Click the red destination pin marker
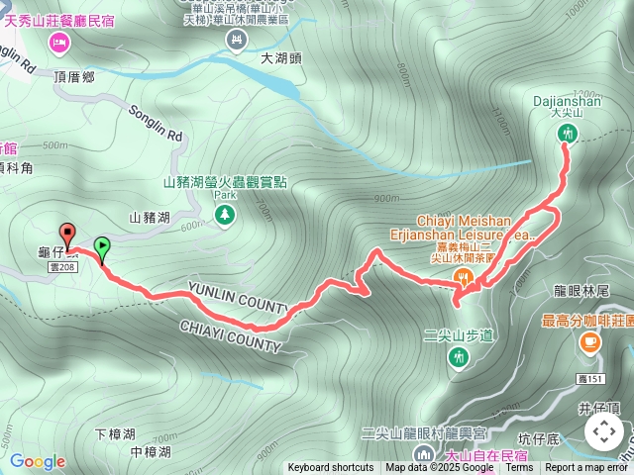(67, 235)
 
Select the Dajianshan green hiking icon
(567, 133)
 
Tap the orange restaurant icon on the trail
(462, 276)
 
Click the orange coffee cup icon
(589, 341)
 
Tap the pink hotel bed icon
(58, 43)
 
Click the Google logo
(38, 461)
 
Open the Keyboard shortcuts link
(331, 468)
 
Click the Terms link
(519, 468)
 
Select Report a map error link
(587, 468)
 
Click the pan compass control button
(603, 431)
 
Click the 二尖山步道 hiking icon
(458, 356)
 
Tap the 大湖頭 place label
(280, 59)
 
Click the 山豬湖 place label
(150, 217)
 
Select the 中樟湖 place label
(151, 451)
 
